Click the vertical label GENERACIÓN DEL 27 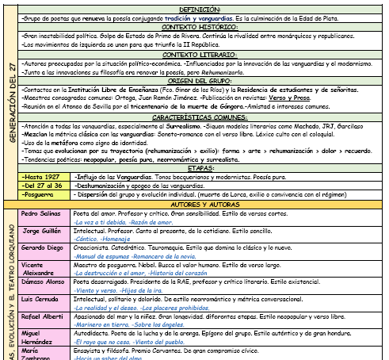point(10,103)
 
